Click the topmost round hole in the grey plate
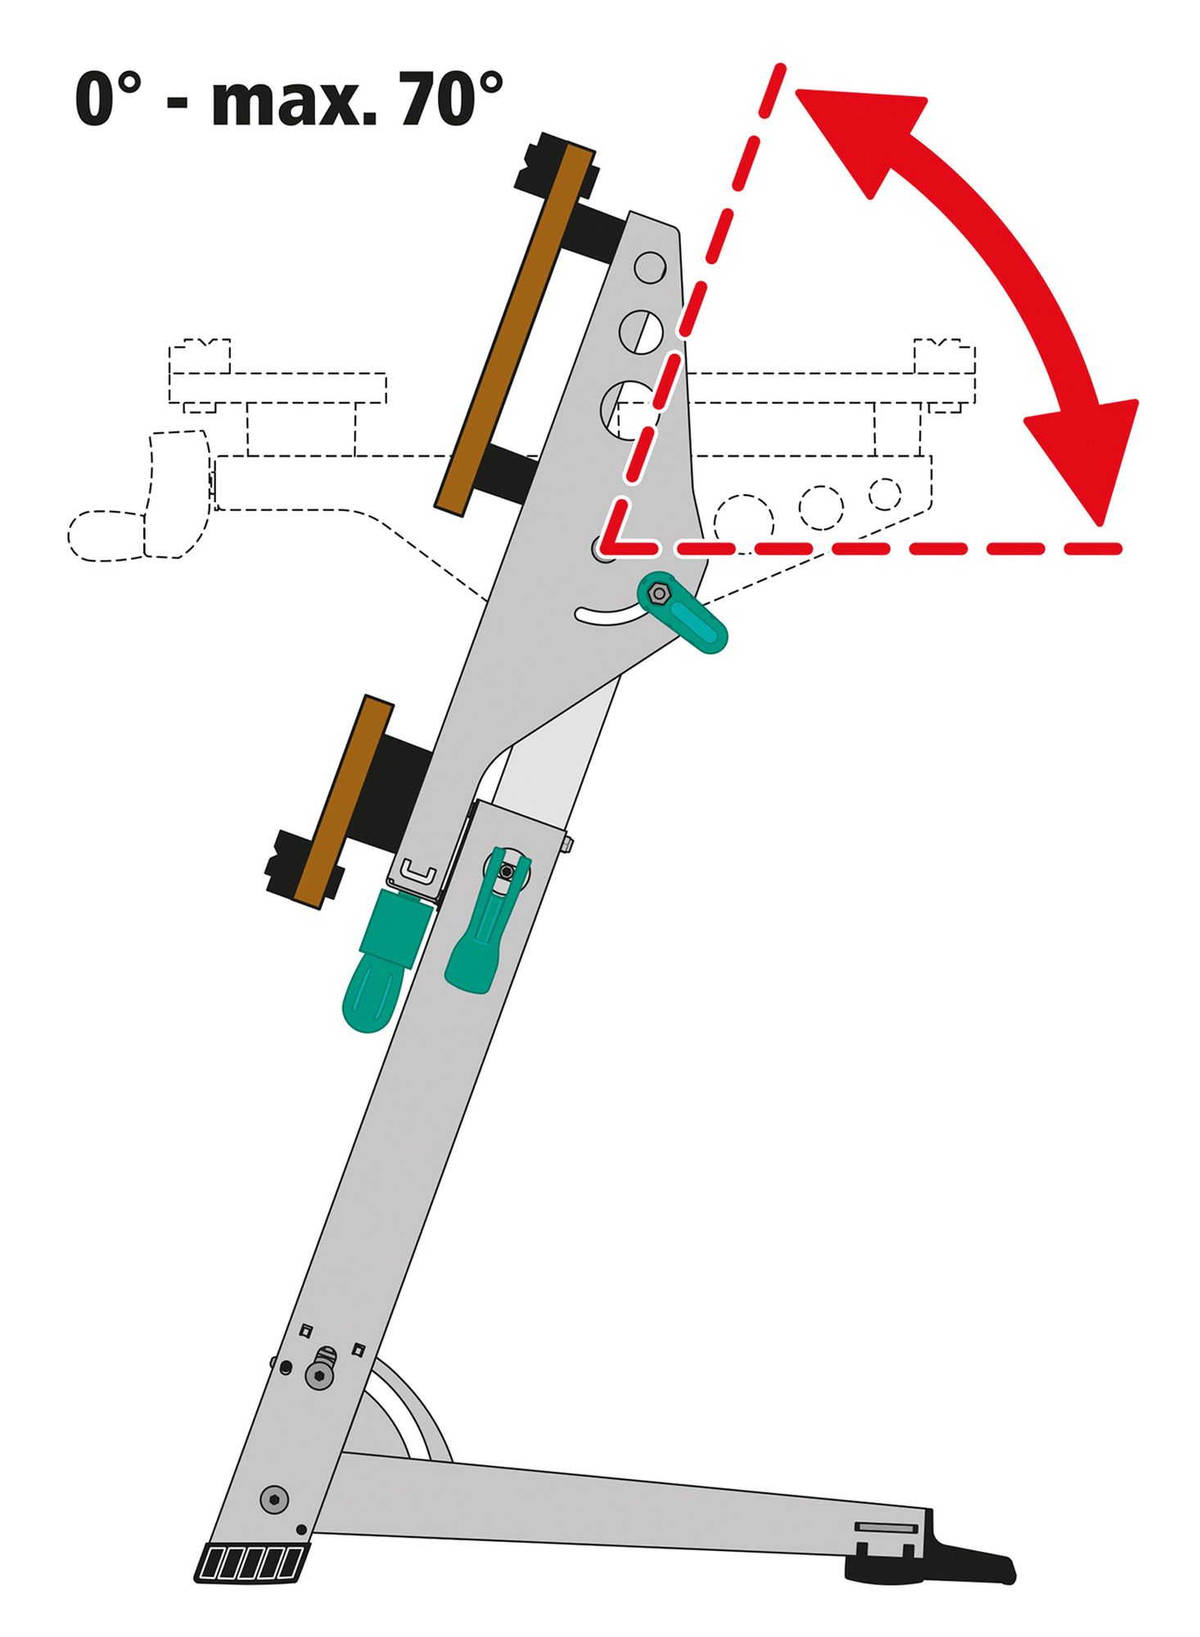650,267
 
